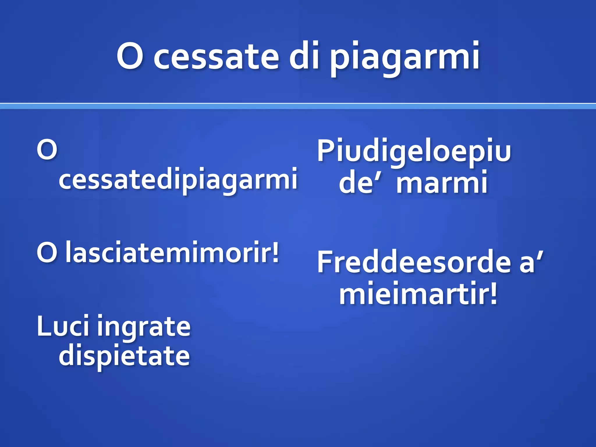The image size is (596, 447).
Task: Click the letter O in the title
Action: coord(130,56)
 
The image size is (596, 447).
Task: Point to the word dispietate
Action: coord(124,356)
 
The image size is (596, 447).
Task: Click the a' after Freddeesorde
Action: coord(530,262)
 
